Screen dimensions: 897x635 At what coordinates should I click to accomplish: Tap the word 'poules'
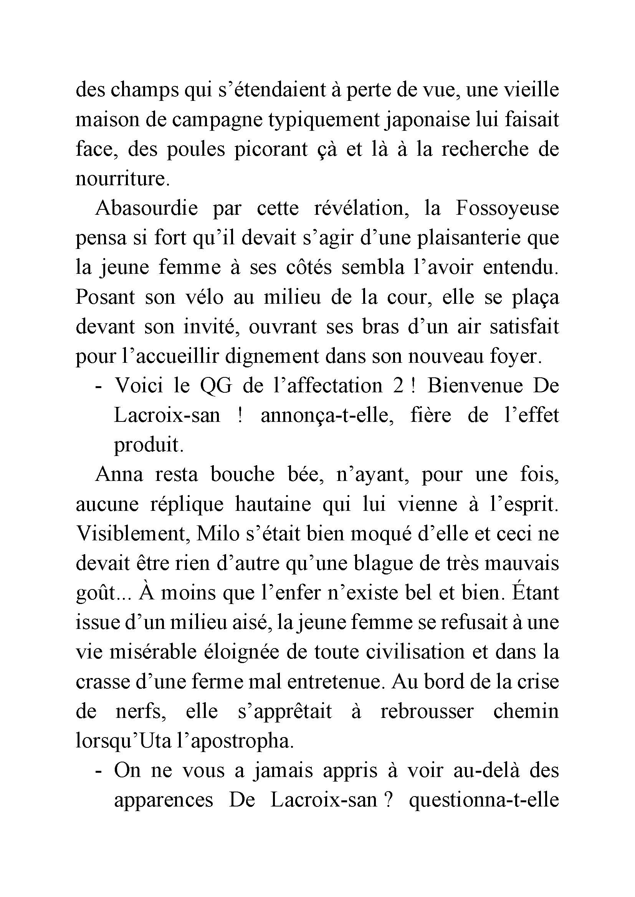click(x=196, y=150)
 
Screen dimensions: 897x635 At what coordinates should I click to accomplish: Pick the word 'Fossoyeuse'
click(x=507, y=208)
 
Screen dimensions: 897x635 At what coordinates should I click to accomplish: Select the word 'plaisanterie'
click(x=463, y=238)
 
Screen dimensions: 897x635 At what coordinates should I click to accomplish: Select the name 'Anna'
click(x=119, y=475)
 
